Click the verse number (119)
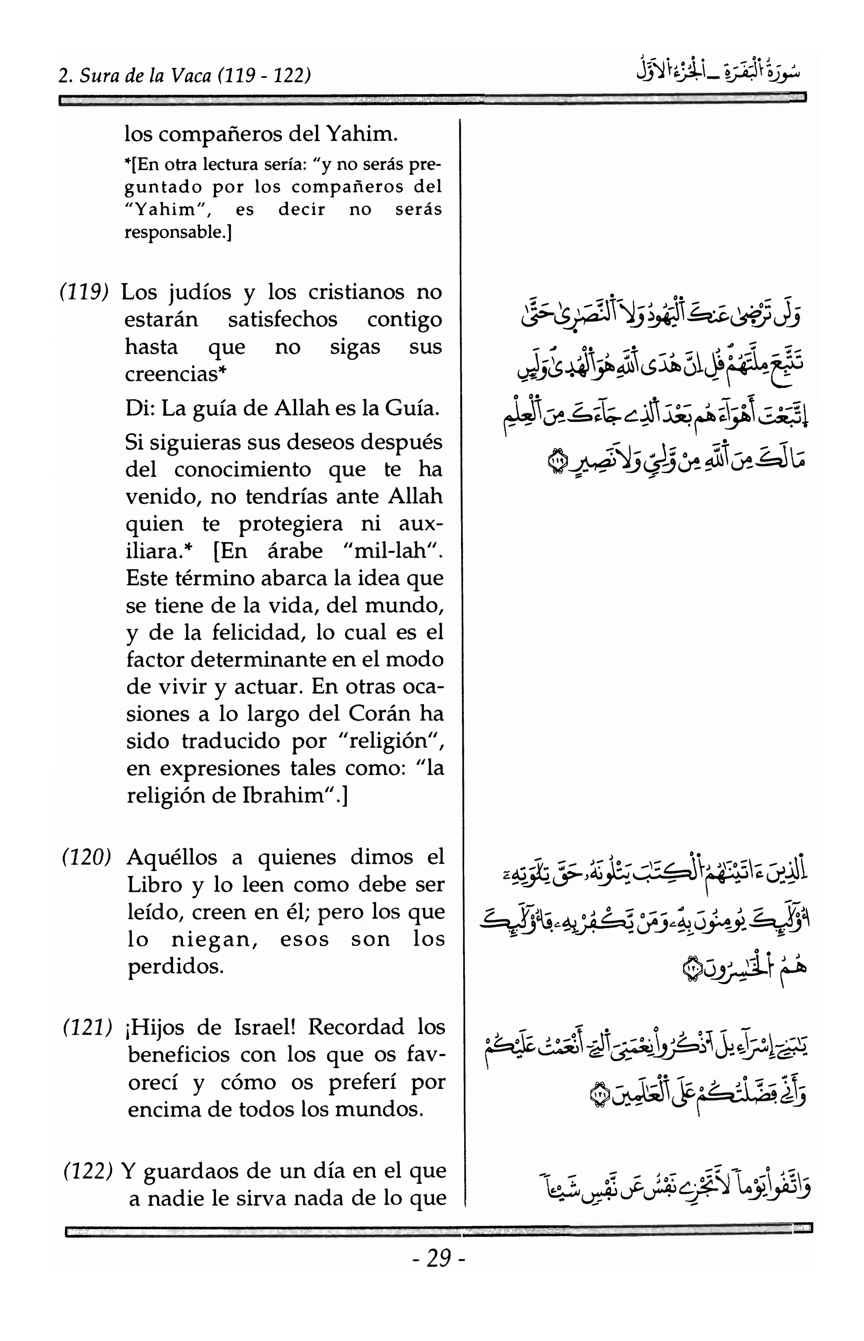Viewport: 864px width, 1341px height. (84, 292)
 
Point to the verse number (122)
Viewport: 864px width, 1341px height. (87, 1171)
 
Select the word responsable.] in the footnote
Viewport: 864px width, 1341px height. (178, 231)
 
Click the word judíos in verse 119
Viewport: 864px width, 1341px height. (201, 292)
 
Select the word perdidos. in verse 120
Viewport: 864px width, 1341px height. (175, 967)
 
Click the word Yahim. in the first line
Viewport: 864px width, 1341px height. (362, 134)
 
